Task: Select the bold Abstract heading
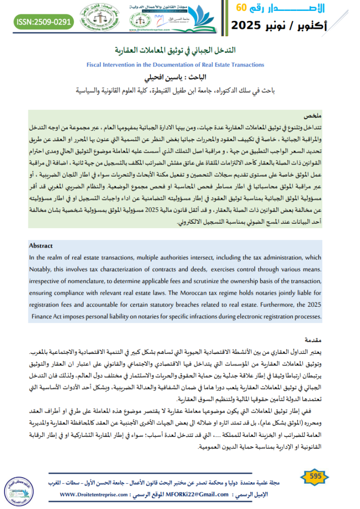[41, 246]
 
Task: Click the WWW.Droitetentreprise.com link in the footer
[95, 495]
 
